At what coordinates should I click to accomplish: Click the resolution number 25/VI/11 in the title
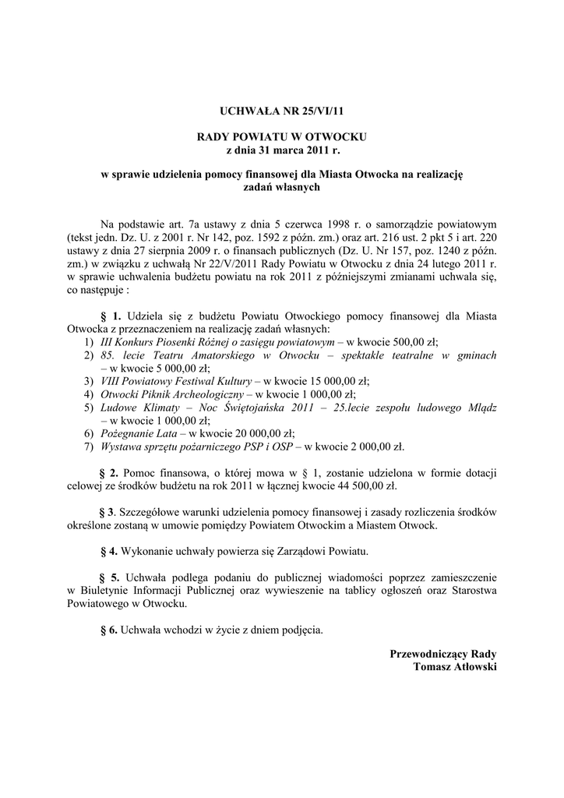click(309, 111)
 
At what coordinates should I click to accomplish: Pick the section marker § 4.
click(109, 551)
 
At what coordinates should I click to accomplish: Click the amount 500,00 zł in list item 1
click(414, 342)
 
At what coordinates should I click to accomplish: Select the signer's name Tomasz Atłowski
click(455, 667)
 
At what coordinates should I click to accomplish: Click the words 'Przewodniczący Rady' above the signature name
click(443, 654)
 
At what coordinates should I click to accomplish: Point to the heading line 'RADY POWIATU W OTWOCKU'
click(282, 136)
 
